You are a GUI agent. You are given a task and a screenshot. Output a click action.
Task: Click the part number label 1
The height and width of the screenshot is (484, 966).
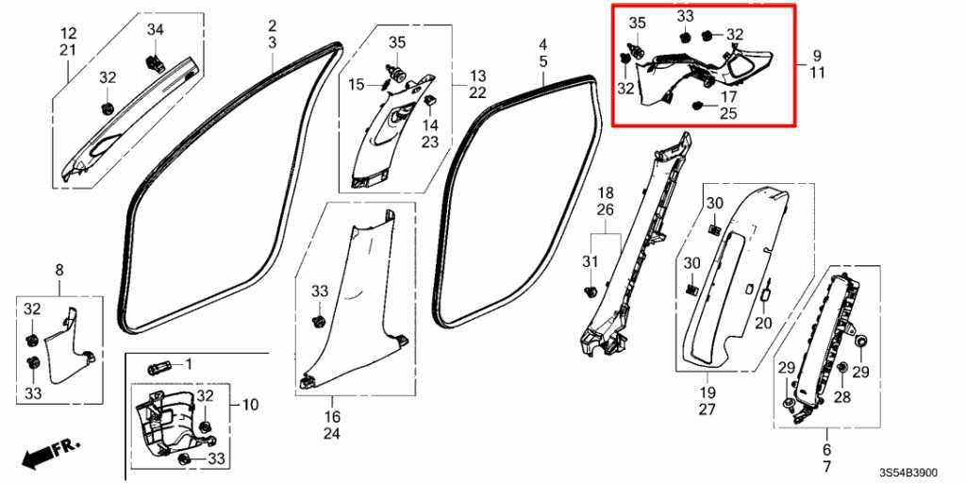(x=188, y=364)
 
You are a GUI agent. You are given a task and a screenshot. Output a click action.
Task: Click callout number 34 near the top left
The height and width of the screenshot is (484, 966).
(x=155, y=31)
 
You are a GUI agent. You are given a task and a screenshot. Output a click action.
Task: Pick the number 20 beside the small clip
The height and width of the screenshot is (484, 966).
(x=763, y=323)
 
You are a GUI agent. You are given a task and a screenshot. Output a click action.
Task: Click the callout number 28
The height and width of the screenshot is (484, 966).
(x=841, y=398)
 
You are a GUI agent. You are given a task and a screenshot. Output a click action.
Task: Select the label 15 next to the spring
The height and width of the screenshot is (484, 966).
(x=356, y=85)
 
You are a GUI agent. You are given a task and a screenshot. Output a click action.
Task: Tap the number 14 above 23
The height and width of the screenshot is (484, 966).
(x=430, y=125)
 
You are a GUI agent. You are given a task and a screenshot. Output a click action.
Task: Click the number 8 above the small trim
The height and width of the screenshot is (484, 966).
(x=59, y=270)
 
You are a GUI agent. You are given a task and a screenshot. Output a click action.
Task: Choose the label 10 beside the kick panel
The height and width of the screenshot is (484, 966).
(x=250, y=405)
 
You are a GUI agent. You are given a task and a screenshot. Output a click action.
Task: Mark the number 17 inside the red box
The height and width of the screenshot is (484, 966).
(x=729, y=95)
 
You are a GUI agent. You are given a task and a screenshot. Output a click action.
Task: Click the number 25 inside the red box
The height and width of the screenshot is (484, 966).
(x=729, y=113)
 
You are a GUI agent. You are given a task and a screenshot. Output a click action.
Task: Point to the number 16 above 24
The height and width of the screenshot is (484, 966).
(x=333, y=416)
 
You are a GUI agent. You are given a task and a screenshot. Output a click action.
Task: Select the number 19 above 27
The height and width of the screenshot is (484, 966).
(x=707, y=392)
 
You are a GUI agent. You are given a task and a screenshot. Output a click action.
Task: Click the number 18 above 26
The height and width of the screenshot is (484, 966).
(x=605, y=192)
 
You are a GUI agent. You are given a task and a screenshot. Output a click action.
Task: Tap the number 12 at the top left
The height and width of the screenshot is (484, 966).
(x=69, y=32)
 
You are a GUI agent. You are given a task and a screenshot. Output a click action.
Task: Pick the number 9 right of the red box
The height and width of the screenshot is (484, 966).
(x=817, y=55)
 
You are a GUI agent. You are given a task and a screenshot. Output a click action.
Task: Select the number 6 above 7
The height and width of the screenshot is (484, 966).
(x=827, y=450)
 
